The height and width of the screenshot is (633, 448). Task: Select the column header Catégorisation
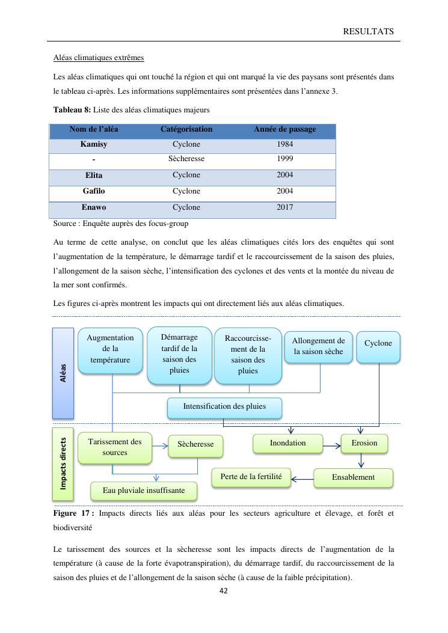pyautogui.click(x=186, y=129)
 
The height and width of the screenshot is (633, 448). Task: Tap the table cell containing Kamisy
pyautogui.click(x=94, y=145)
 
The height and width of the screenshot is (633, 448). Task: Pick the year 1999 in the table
pyautogui.click(x=285, y=159)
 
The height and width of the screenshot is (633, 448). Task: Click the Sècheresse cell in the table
pyautogui.click(x=186, y=159)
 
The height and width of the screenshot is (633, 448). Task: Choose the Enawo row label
pyautogui.click(x=94, y=207)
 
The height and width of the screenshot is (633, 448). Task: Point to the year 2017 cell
pyautogui.click(x=285, y=207)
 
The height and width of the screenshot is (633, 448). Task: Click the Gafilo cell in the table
pyautogui.click(x=94, y=191)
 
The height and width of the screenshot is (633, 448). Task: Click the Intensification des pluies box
pyautogui.click(x=224, y=406)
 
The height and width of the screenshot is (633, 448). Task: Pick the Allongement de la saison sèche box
pyautogui.click(x=318, y=346)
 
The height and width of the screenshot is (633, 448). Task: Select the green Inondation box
pyautogui.click(x=287, y=443)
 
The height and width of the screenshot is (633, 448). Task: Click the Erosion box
pyautogui.click(x=364, y=443)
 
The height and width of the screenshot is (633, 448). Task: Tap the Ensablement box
pyautogui.click(x=353, y=477)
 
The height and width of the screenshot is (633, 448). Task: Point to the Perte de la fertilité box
pyautogui.click(x=251, y=477)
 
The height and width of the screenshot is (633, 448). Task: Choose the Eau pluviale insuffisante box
pyautogui.click(x=144, y=491)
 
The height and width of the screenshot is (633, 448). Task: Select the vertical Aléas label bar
pyautogui.click(x=63, y=373)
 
